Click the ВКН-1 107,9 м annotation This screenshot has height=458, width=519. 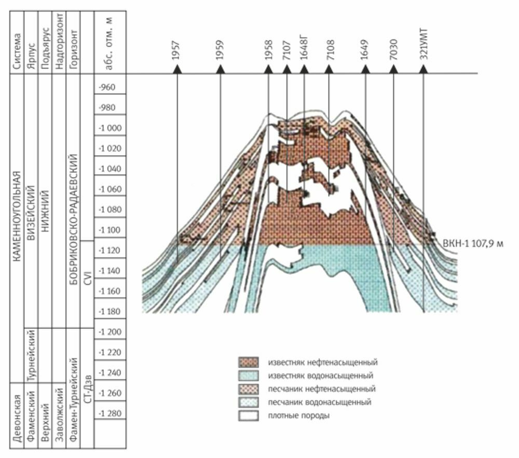coord(473,242)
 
